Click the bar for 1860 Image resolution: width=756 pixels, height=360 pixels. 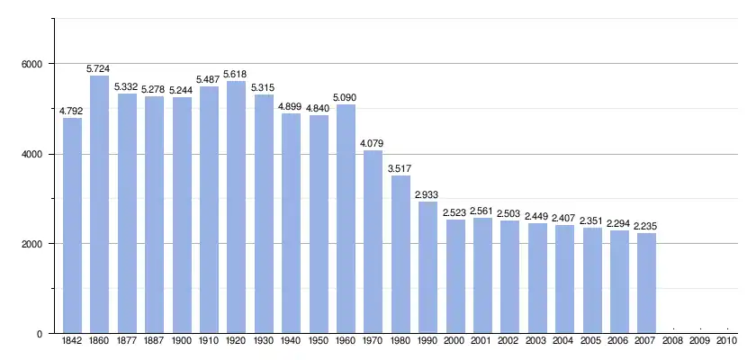click(99, 204)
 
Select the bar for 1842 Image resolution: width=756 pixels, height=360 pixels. click(71, 225)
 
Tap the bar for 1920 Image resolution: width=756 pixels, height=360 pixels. click(236, 207)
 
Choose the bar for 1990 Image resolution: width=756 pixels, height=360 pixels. click(427, 267)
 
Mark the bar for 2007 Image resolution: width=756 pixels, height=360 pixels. click(646, 283)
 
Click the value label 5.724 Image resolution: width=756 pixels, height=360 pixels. click(99, 68)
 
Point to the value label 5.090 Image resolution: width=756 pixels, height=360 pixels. click(346, 97)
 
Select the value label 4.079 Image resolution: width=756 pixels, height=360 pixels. click(373, 142)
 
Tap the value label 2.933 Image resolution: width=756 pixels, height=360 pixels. click(427, 194)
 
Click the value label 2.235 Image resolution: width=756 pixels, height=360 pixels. click(646, 226)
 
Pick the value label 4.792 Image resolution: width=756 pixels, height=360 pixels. click(71, 111)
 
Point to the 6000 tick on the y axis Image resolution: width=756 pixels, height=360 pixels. click(31, 64)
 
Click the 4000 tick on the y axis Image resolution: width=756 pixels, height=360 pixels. click(31, 154)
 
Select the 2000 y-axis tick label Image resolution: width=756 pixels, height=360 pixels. click(31, 244)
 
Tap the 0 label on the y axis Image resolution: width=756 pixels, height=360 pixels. click(40, 334)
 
